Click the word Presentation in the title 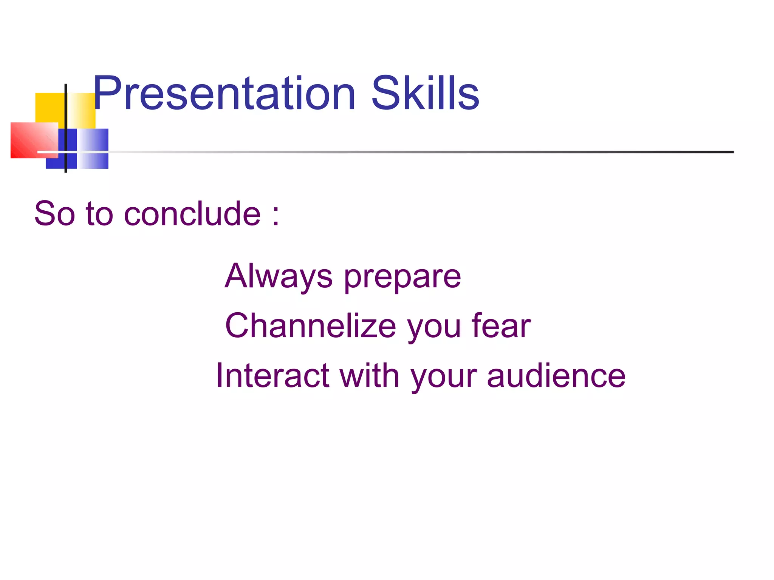(224, 93)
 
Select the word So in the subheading (54, 214)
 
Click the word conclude (192, 214)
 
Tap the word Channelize (311, 325)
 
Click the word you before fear (434, 328)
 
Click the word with (369, 375)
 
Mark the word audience (556, 375)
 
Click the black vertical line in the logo (66, 113)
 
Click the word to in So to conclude (99, 214)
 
